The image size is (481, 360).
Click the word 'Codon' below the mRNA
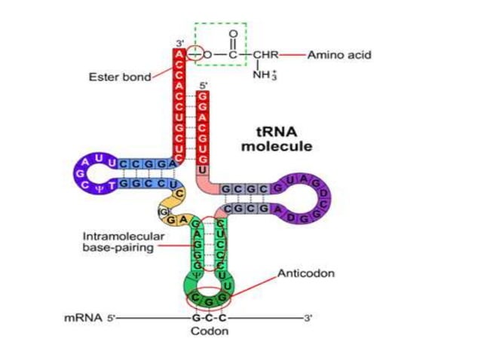(x=210, y=331)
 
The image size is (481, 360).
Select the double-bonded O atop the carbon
(x=232, y=35)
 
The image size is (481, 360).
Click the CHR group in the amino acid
(x=266, y=55)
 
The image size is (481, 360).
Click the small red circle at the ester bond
(x=195, y=55)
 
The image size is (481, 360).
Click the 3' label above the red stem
(x=179, y=43)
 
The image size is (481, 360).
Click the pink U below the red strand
(x=202, y=170)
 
